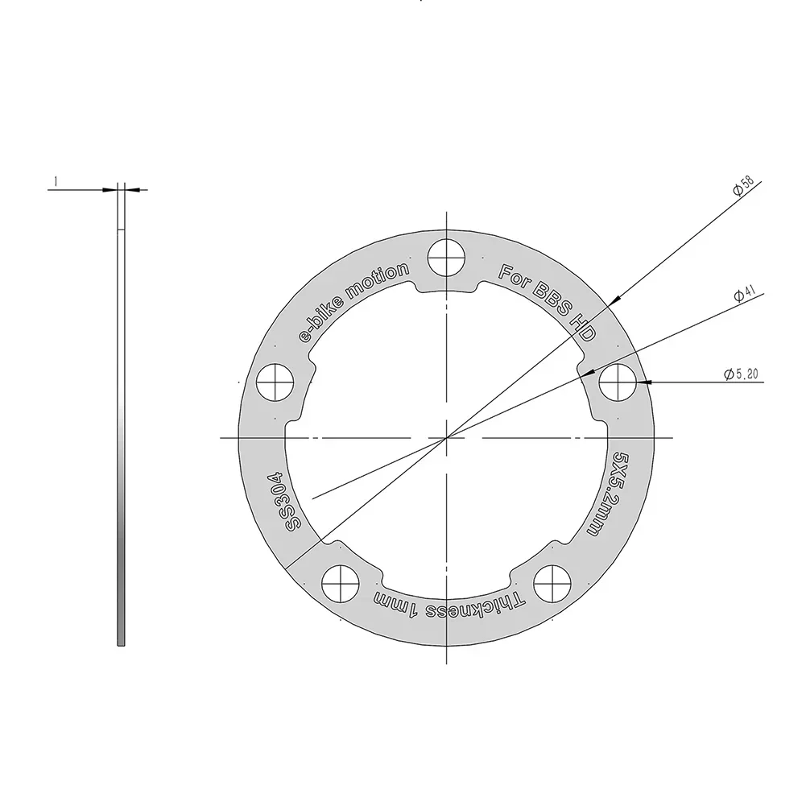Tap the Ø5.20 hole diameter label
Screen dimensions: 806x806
click(741, 374)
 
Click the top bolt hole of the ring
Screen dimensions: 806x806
click(447, 258)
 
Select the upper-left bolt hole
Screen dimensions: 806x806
click(277, 380)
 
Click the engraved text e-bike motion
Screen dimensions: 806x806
click(354, 304)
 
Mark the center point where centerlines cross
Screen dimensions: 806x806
click(447, 437)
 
